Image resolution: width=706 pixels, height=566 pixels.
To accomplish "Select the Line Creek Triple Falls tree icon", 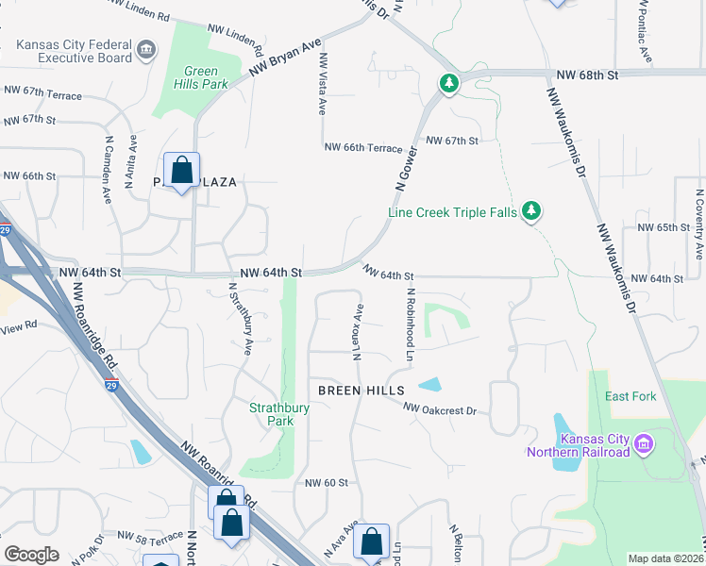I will pyautogui.click(x=532, y=211).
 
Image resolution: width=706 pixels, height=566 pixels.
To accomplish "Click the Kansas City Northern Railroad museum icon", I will pyautogui.click(x=645, y=443).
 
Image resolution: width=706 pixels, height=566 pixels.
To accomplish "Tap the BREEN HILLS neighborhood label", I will pyautogui.click(x=361, y=390).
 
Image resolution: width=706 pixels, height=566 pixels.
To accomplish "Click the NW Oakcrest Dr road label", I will pyautogui.click(x=440, y=409).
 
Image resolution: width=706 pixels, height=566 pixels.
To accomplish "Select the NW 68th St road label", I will pyautogui.click(x=586, y=74).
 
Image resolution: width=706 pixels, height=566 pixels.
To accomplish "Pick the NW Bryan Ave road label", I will pyautogui.click(x=286, y=58).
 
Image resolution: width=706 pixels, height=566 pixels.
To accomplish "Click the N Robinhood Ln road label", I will pyautogui.click(x=411, y=325).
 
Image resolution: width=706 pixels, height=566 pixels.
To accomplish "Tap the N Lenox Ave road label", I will pyautogui.click(x=358, y=332).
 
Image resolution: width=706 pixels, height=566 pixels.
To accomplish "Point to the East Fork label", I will pyautogui.click(x=630, y=396).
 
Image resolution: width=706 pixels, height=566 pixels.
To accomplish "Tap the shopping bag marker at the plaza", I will pyautogui.click(x=181, y=170).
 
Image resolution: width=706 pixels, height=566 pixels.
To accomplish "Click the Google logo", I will pyautogui.click(x=31, y=555).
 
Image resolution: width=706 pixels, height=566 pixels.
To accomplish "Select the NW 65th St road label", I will pyautogui.click(x=660, y=227).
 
